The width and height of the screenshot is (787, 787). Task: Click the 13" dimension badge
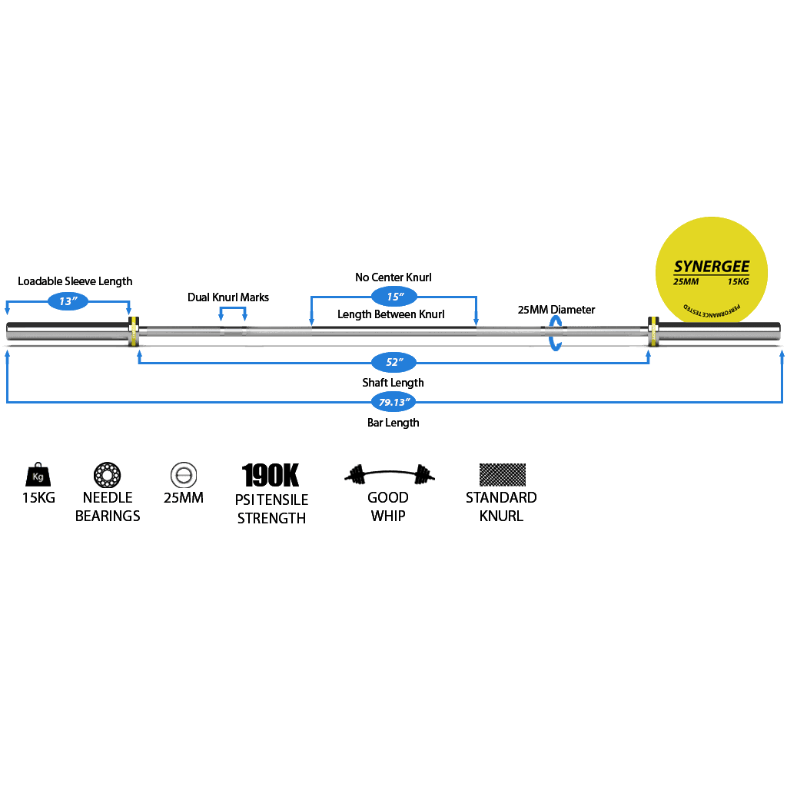[x=68, y=301]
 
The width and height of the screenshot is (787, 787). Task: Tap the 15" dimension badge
[x=394, y=297]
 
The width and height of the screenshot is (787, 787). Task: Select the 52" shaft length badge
[x=394, y=362]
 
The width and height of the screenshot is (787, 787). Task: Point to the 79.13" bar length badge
[x=394, y=402]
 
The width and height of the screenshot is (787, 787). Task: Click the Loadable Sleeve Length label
[x=75, y=281]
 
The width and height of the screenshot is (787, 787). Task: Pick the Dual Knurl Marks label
[x=228, y=297]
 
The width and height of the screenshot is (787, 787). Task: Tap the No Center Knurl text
[x=393, y=277]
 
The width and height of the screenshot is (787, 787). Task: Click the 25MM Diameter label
[x=556, y=310]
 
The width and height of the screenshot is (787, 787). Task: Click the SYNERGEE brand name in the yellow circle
[x=712, y=267]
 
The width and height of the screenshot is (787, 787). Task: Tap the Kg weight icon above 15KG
[x=38, y=474]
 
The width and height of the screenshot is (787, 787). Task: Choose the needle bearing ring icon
[x=108, y=475]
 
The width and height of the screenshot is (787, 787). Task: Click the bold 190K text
[x=271, y=475]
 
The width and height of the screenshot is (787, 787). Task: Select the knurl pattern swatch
[x=503, y=475]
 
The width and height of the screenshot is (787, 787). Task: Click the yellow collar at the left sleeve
[x=134, y=331]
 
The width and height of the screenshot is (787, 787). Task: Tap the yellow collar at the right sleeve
[x=653, y=331]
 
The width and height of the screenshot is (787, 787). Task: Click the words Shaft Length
[x=393, y=383]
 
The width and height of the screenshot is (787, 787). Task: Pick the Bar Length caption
[x=393, y=423]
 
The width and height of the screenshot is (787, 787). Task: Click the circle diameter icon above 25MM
[x=184, y=475]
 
